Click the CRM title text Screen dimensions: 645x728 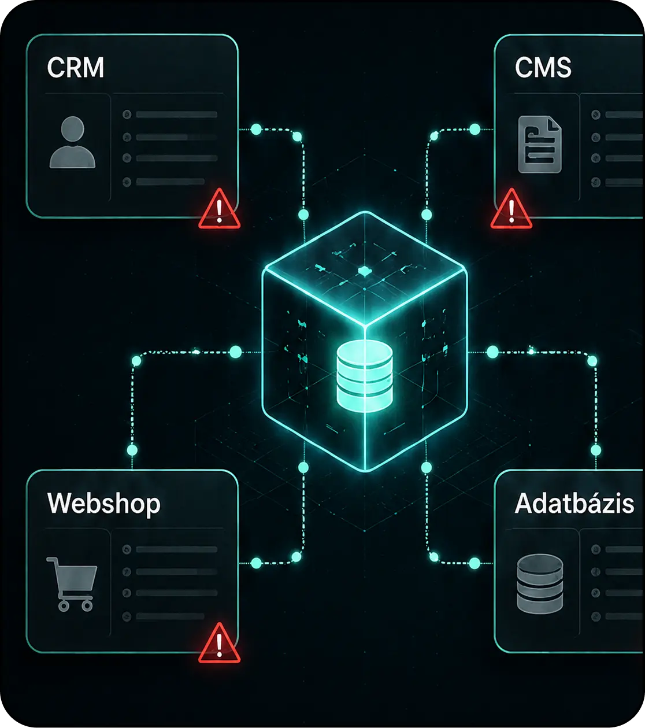(x=75, y=67)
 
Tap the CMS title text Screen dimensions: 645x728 (x=543, y=67)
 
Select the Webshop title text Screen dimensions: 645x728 (x=104, y=504)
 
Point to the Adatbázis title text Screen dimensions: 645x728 (x=574, y=503)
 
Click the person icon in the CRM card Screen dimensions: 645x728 (x=73, y=142)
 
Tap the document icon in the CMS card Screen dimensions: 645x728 (x=540, y=144)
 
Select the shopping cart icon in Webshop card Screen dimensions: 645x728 (x=72, y=584)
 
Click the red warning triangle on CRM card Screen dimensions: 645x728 (x=219, y=209)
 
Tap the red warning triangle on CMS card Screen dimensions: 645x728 (x=511, y=209)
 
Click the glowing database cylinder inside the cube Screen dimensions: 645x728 (x=365, y=375)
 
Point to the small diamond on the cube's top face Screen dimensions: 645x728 (x=365, y=272)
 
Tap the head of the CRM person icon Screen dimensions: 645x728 (x=73, y=129)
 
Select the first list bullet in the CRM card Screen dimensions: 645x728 (x=127, y=114)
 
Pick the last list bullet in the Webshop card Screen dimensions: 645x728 (x=127, y=616)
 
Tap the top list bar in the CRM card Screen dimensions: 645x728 (x=177, y=114)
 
